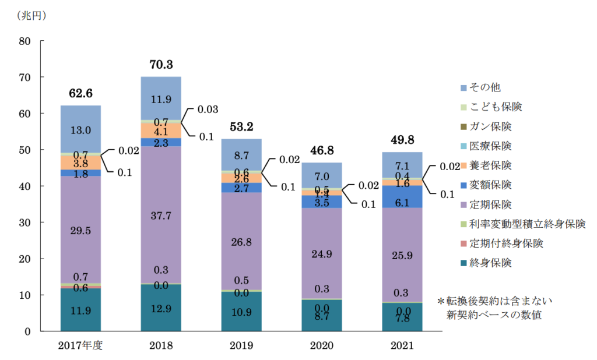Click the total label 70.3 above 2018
click(x=161, y=65)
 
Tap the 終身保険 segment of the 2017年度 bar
click(x=80, y=310)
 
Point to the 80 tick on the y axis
click(x=24, y=41)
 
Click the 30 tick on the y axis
click(x=24, y=223)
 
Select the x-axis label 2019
click(x=241, y=345)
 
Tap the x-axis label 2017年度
click(x=80, y=345)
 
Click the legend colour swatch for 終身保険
click(x=463, y=263)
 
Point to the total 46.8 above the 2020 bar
click(x=322, y=151)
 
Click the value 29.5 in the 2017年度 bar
click(x=80, y=231)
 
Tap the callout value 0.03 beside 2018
click(x=208, y=110)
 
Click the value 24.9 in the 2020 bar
click(x=322, y=253)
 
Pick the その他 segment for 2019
click(x=241, y=154)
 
